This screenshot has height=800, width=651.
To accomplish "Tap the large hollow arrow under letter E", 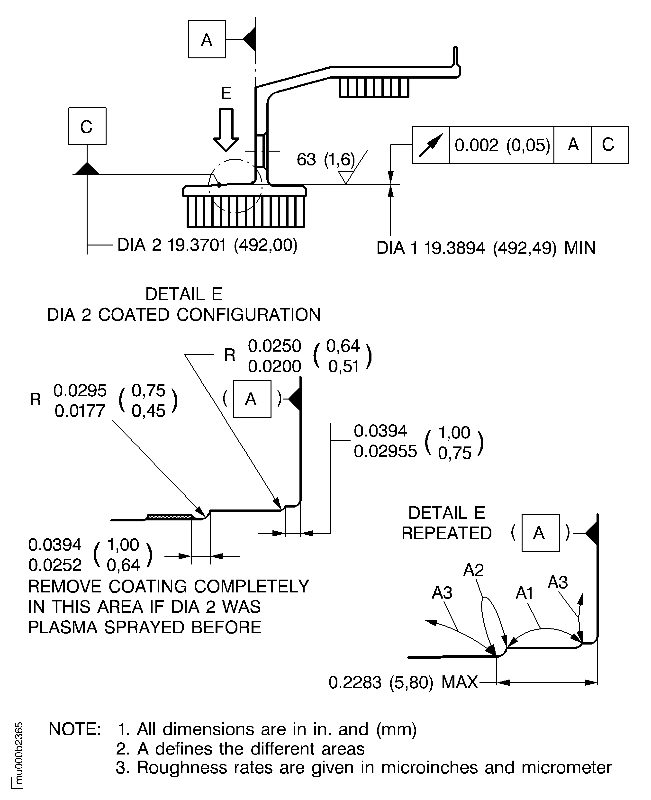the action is pos(226,130).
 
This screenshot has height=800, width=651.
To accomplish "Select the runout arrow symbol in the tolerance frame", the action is pos(431,145).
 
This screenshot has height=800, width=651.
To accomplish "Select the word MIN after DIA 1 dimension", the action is pos(580,248).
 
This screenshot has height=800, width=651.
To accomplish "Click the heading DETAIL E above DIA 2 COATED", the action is pos(184,294).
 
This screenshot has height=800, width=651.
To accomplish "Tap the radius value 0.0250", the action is pos(274,346).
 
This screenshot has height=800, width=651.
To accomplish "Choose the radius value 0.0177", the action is pos(80,411).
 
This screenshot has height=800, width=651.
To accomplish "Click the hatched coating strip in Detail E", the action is pos(171,517).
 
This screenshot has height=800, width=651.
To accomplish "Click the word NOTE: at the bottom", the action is pos(75,729).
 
